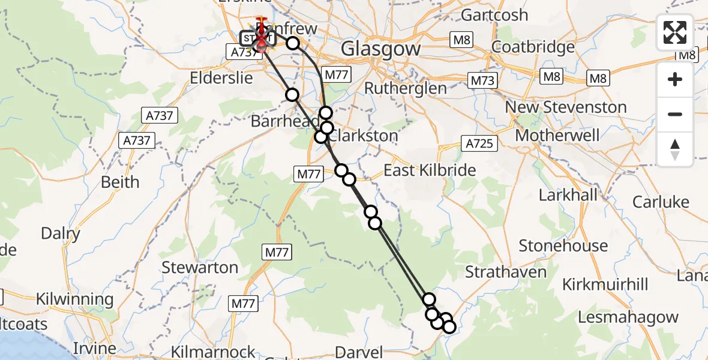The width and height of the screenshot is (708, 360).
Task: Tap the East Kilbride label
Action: pyautogui.click(x=430, y=170)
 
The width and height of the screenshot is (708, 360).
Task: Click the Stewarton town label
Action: pyautogui.click(x=200, y=267)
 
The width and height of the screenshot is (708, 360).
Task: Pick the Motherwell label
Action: pyautogui.click(x=557, y=135)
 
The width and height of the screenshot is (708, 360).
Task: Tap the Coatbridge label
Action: pyautogui.click(x=533, y=47)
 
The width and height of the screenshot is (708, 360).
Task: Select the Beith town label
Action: pyautogui.click(x=120, y=182)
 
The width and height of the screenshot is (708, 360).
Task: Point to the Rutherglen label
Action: pyautogui.click(x=406, y=88)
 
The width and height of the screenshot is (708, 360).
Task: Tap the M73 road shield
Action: pyautogui.click(x=482, y=80)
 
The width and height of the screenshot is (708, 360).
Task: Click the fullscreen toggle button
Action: pyautogui.click(x=675, y=32)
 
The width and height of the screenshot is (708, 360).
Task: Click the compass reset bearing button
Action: pyautogui.click(x=675, y=148)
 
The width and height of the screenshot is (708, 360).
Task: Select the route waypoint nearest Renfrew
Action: pyautogui.click(x=293, y=43)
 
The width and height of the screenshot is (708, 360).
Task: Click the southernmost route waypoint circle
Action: pyautogui.click(x=449, y=327)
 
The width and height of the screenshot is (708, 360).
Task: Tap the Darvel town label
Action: pyautogui.click(x=359, y=351)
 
